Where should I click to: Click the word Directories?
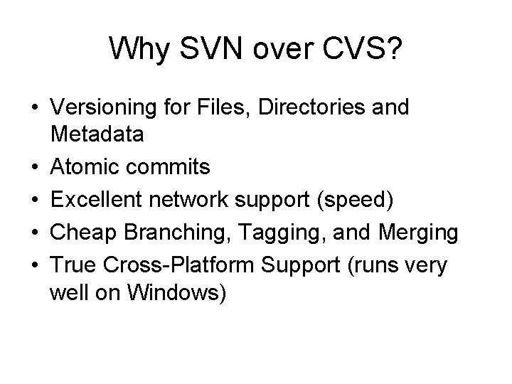(x=297, y=108)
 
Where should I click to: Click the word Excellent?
(x=93, y=201)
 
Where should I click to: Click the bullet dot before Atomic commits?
(x=35, y=168)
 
